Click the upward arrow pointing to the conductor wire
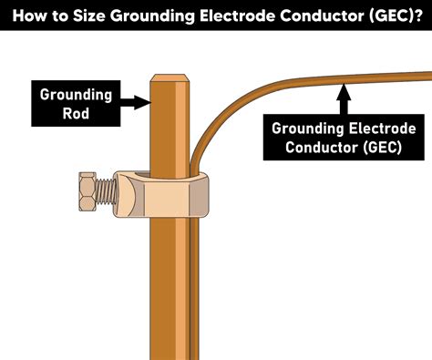pyautogui.click(x=343, y=98)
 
